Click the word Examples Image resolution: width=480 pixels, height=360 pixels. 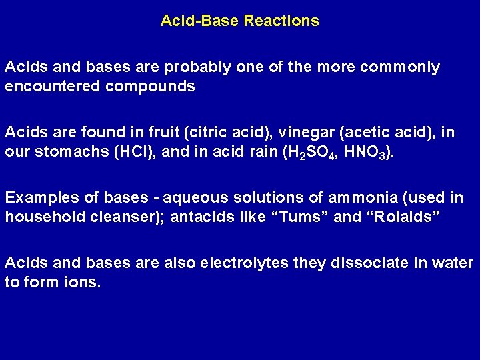coord(38,198)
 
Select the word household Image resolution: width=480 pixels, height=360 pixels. coord(39,217)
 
